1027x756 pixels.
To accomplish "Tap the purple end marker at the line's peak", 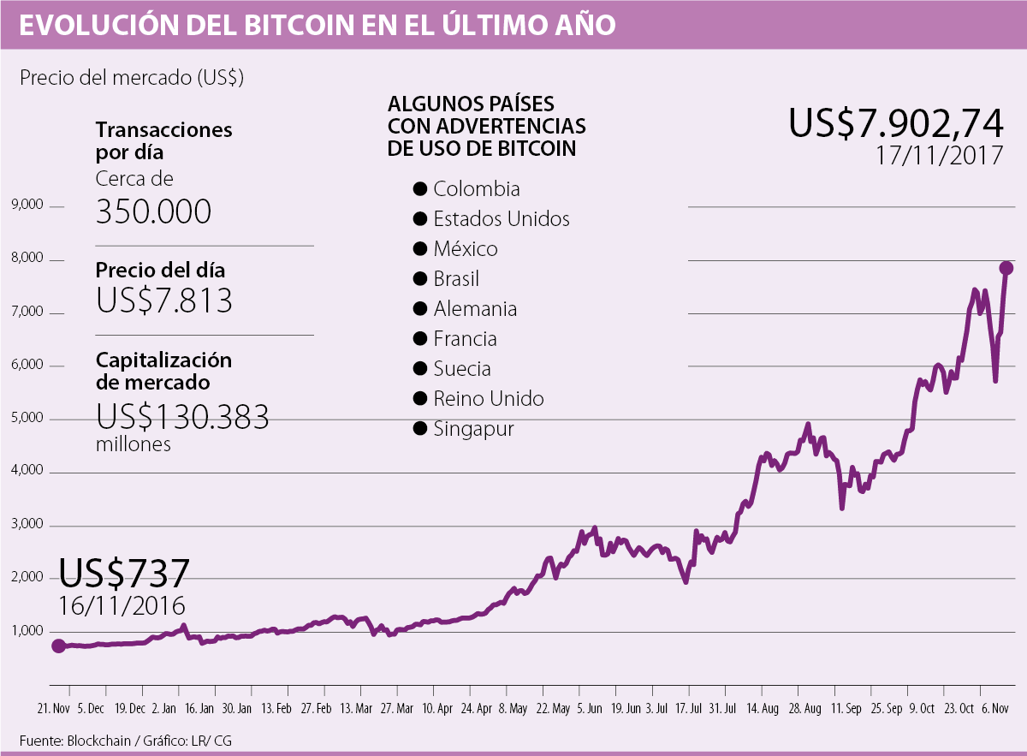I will pyautogui.click(x=1006, y=268).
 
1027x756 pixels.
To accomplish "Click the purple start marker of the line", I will pyautogui.click(x=58, y=646).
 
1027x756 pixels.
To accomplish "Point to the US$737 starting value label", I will pyautogui.click(x=124, y=573).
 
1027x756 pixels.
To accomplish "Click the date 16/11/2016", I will pyautogui.click(x=122, y=605).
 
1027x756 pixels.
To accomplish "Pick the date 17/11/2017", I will pyautogui.click(x=938, y=156).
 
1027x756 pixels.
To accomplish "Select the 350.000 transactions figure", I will pyautogui.click(x=153, y=211).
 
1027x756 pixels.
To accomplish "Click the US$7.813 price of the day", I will pyautogui.click(x=163, y=301).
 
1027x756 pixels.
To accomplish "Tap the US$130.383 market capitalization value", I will pyautogui.click(x=182, y=416).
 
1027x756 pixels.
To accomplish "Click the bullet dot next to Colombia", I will pyautogui.click(x=419, y=189).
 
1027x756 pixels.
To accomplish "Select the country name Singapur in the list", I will pyautogui.click(x=473, y=429).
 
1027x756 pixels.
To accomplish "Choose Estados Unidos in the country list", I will pyautogui.click(x=501, y=219).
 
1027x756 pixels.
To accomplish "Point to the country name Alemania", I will pyautogui.click(x=475, y=309).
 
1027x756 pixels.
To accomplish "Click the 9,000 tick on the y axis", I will pyautogui.click(x=27, y=205).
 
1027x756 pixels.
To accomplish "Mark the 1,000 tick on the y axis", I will pyautogui.click(x=27, y=631).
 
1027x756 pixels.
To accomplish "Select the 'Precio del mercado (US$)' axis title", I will pyautogui.click(x=132, y=78).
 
